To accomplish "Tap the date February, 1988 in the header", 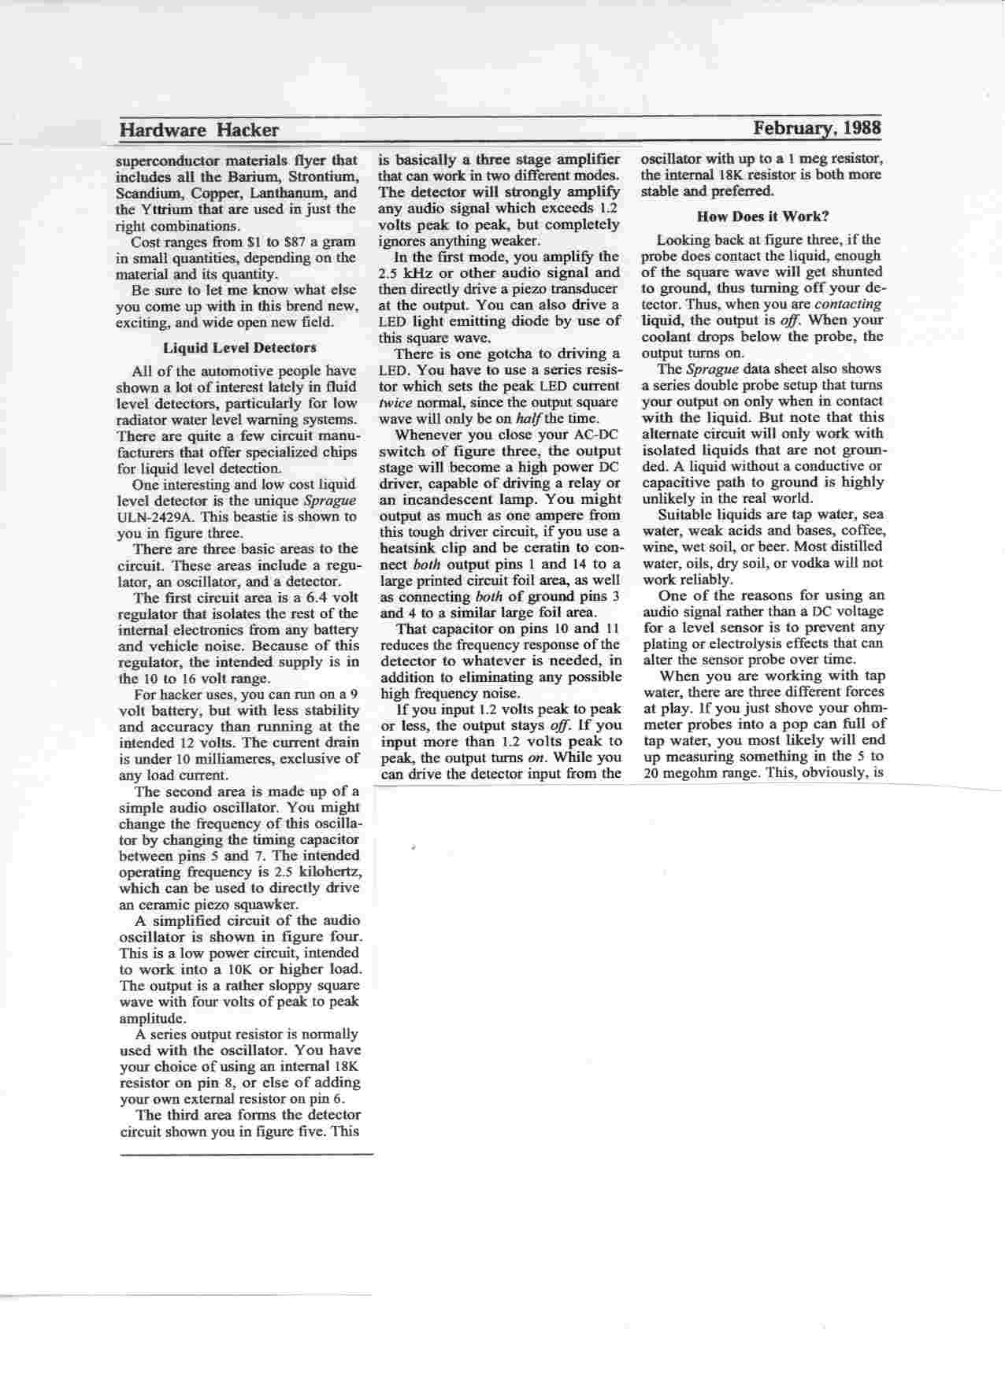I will (817, 128).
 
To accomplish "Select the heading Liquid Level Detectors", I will (239, 347).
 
